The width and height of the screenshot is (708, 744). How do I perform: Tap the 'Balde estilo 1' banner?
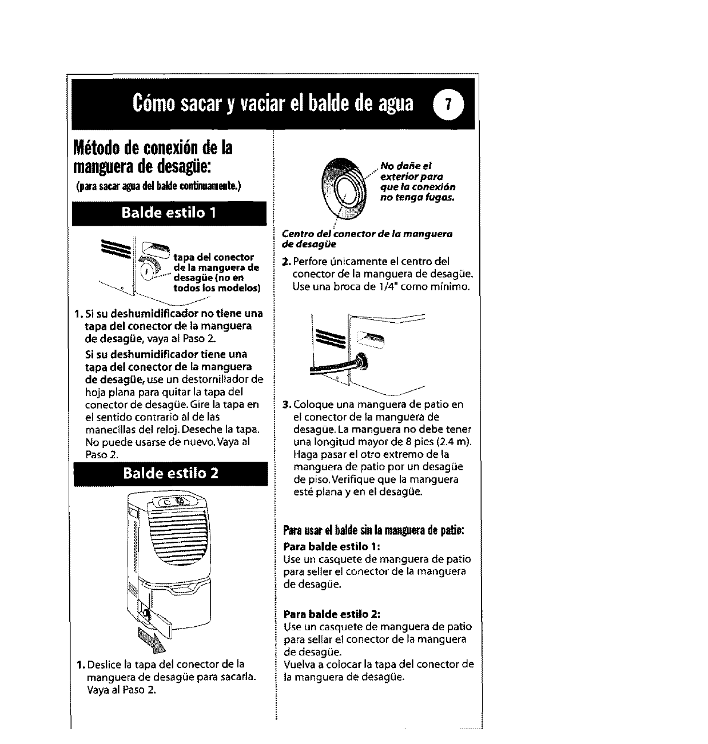pyautogui.click(x=170, y=214)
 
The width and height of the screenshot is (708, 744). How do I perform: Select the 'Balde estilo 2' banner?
pyautogui.click(x=170, y=474)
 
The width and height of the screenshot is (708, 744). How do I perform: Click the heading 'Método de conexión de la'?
pyautogui.click(x=153, y=147)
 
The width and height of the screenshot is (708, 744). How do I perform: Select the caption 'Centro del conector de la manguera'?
pyautogui.click(x=367, y=234)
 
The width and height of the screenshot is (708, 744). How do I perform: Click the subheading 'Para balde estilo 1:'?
pyautogui.click(x=328, y=546)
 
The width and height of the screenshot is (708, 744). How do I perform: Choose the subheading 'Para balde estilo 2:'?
pyautogui.click(x=328, y=614)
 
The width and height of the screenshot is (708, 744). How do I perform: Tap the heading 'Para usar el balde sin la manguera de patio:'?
pyautogui.click(x=373, y=529)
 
